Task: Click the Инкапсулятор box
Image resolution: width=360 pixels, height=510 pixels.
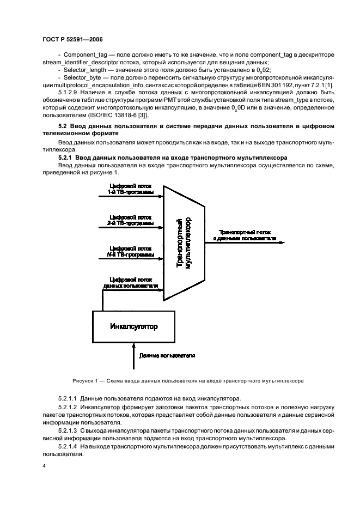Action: point(133,327)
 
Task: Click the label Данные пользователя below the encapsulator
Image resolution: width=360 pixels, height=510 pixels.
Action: point(167,355)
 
